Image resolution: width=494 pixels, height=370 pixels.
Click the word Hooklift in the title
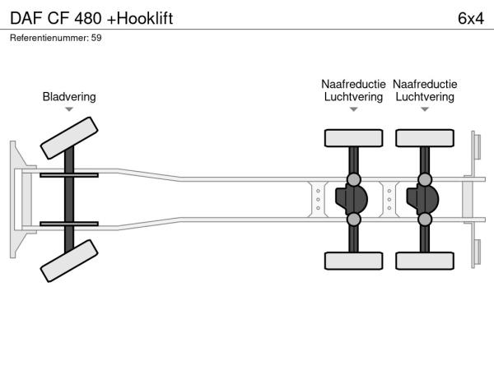(145, 18)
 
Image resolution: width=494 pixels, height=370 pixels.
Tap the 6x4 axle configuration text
(471, 18)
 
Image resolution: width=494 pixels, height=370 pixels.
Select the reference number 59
(96, 38)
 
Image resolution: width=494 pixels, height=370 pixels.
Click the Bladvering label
(69, 96)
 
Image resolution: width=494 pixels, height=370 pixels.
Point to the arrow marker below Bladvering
(69, 109)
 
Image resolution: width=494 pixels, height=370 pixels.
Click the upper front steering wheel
(69, 138)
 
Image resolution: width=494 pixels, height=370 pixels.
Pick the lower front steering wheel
(69, 261)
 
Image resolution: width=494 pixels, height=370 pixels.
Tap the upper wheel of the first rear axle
(353, 138)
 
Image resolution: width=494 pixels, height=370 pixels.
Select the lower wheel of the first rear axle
(353, 261)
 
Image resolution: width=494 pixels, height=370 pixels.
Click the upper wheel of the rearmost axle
(425, 138)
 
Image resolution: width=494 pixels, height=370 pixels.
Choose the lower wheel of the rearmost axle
(425, 261)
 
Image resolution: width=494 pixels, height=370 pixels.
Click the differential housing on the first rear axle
(352, 199)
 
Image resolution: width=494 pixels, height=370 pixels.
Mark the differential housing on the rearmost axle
(422, 199)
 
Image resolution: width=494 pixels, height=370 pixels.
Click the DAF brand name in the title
(26, 18)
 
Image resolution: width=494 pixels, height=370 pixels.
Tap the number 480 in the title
(88, 18)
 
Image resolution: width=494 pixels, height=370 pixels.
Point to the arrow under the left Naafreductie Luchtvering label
(353, 109)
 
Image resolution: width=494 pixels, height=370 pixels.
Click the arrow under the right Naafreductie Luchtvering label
(425, 109)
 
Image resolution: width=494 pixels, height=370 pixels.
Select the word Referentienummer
(49, 38)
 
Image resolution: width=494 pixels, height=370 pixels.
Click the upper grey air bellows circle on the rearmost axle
(425, 179)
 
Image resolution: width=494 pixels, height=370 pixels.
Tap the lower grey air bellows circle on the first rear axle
(353, 219)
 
